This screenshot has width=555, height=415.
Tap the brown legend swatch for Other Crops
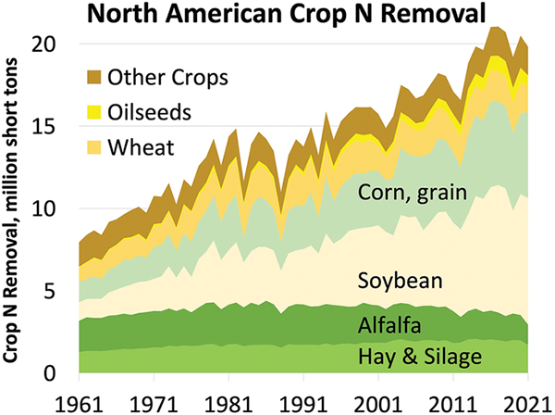[93, 76]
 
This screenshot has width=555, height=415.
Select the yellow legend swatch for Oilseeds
[93, 111]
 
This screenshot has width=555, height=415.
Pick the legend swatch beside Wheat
[93, 146]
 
